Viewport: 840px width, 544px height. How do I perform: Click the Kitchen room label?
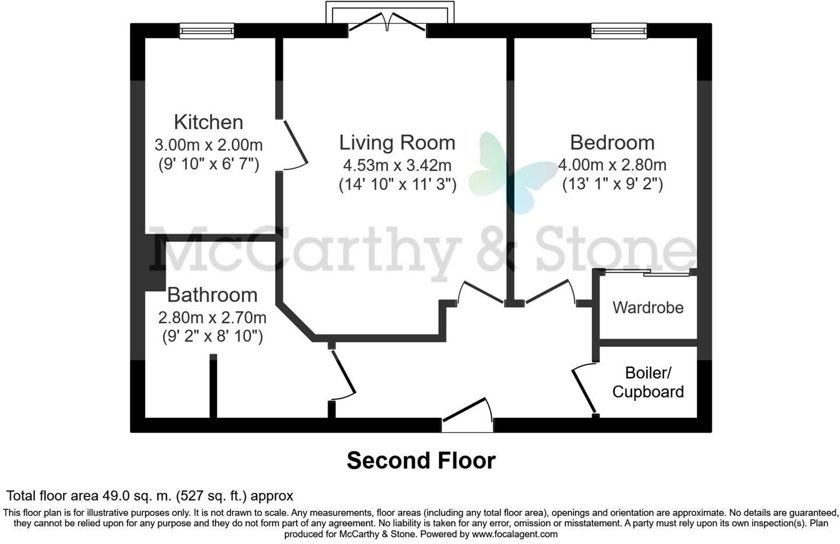coord(208,122)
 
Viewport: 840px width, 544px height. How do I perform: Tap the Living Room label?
coord(397,142)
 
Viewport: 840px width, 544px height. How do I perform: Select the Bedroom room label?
coord(612,142)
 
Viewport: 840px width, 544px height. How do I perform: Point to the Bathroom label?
coord(212,295)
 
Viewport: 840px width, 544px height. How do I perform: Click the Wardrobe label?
coord(648,307)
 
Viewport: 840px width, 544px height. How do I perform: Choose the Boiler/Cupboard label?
coord(648,382)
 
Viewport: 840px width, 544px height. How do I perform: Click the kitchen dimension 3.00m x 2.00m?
coord(208,145)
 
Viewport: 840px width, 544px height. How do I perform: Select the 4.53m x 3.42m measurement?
coord(397,166)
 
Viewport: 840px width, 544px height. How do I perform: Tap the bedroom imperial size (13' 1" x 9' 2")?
coord(612,185)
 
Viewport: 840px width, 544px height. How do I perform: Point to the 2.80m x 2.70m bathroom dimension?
coord(212,317)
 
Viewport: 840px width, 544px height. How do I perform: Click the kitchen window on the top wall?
coord(206,31)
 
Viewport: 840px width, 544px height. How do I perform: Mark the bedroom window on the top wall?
coord(619,31)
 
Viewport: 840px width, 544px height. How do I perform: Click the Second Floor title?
coord(421,461)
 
